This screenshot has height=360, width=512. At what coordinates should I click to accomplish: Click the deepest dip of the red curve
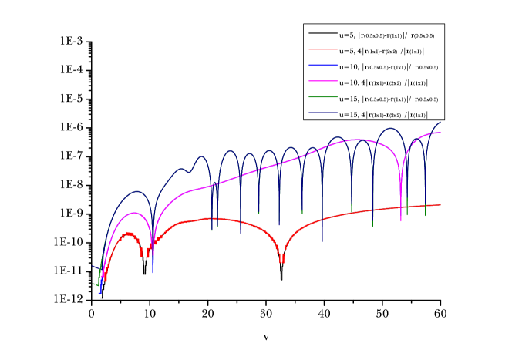[281, 261]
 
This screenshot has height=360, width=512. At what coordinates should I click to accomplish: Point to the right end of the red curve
[440, 204]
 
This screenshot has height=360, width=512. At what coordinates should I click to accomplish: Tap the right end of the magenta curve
[440, 133]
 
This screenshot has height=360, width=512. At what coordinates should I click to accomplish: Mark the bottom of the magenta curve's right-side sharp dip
[401, 220]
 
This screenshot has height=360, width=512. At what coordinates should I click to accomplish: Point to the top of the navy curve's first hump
[136, 191]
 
